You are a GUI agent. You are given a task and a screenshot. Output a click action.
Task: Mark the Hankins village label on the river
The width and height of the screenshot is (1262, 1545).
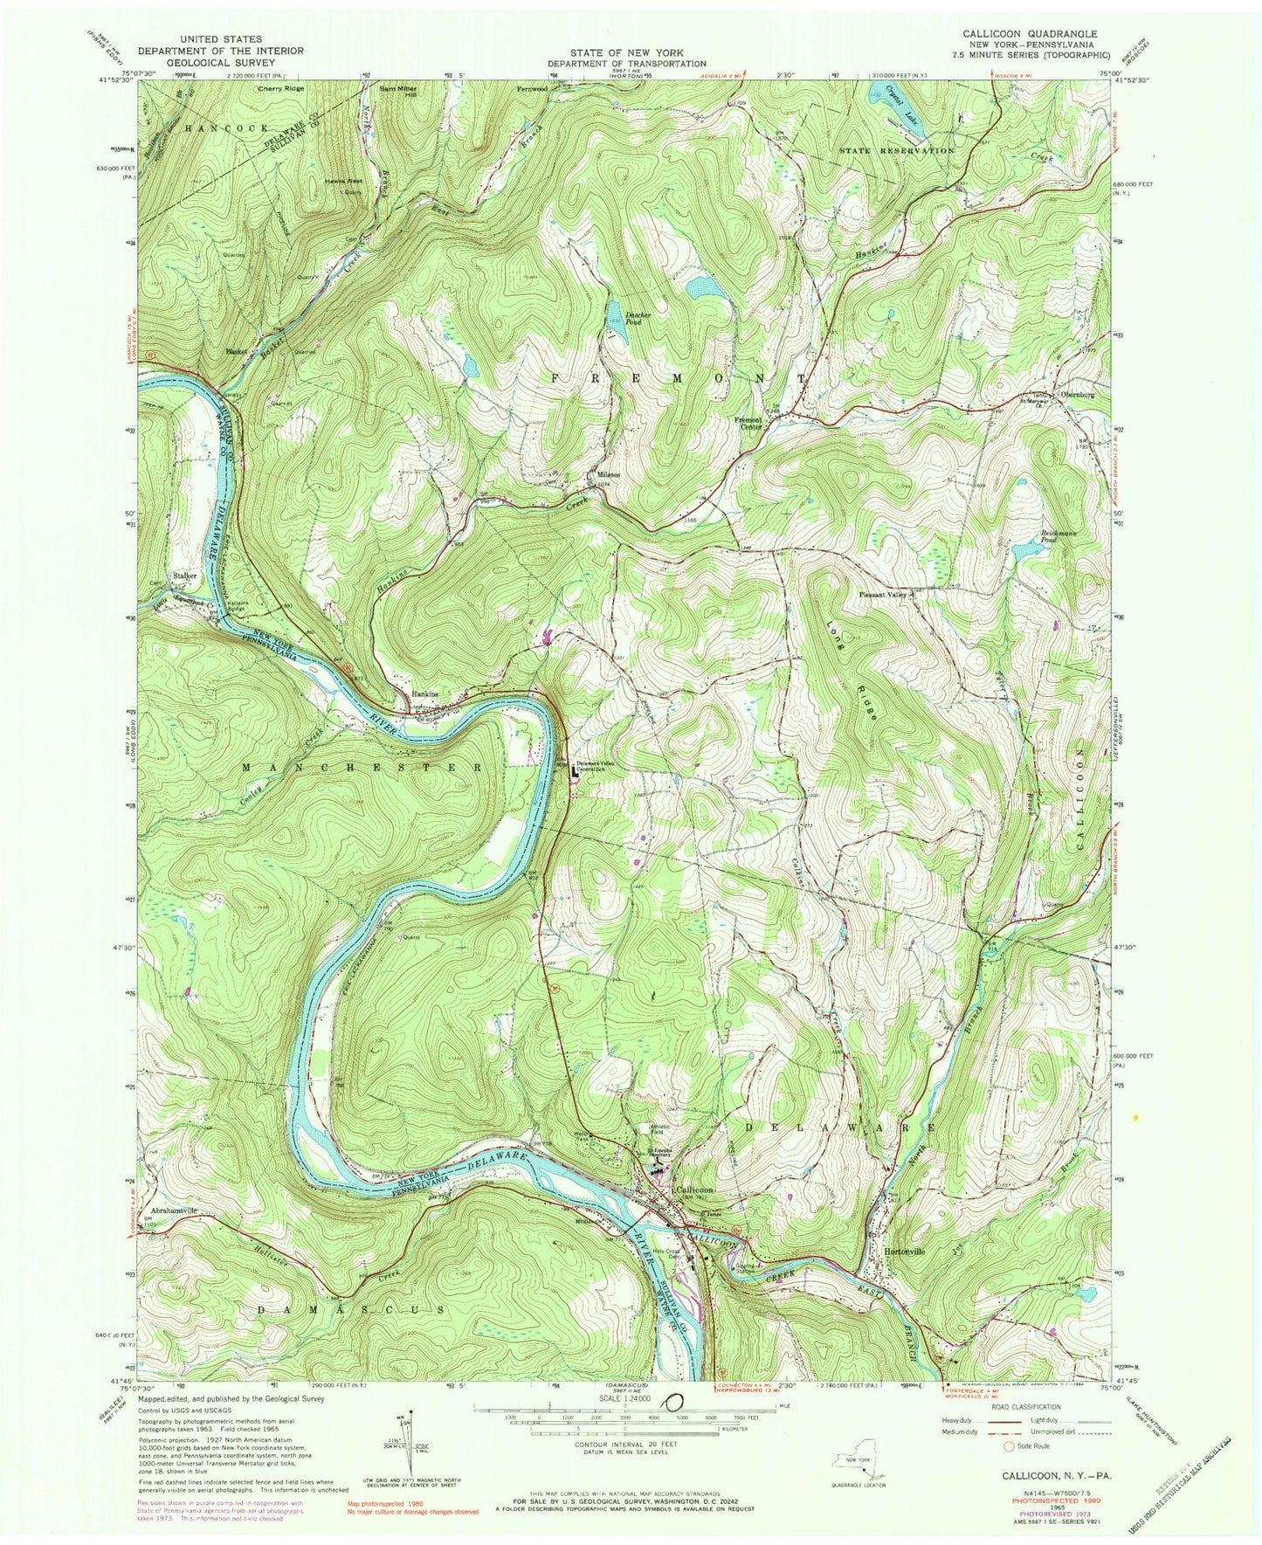pos(424,695)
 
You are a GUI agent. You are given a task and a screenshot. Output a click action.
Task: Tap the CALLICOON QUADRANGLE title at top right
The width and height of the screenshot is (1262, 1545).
pos(1030,33)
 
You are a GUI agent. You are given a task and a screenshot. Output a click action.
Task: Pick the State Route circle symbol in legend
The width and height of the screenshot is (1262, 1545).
pos(1010,1446)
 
